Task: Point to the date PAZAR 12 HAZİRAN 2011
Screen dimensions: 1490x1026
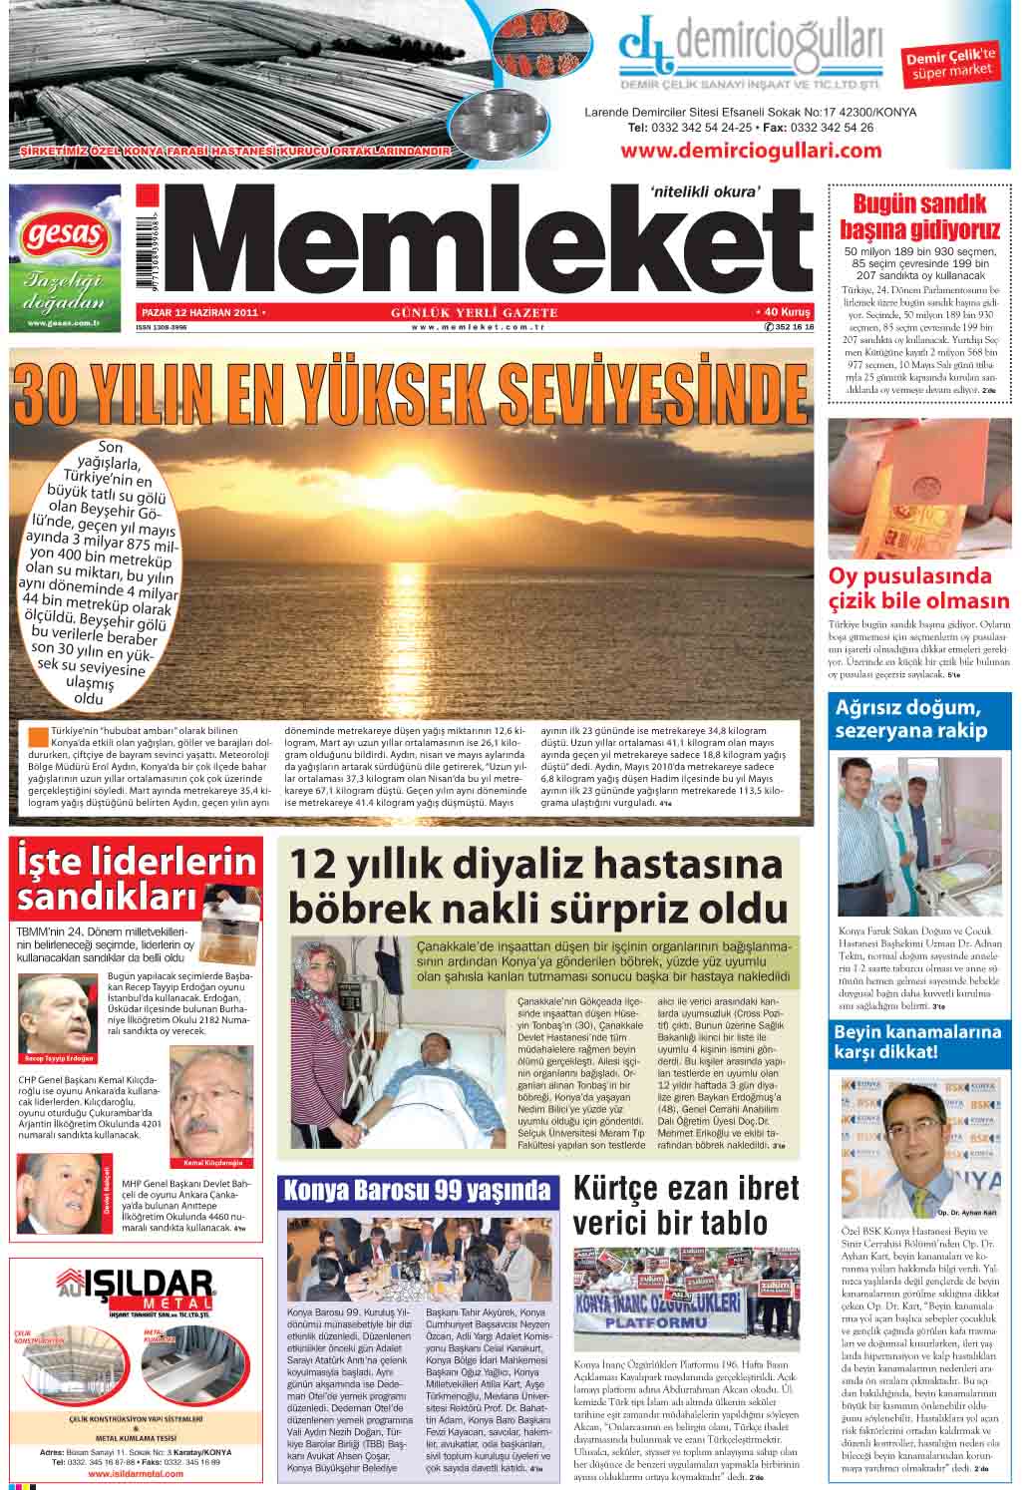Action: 198,313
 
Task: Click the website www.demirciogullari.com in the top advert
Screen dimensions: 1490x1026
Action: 751,151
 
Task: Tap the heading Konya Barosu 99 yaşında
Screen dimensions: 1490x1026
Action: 417,1190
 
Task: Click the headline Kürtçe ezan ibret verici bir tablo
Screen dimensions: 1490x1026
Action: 687,1204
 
